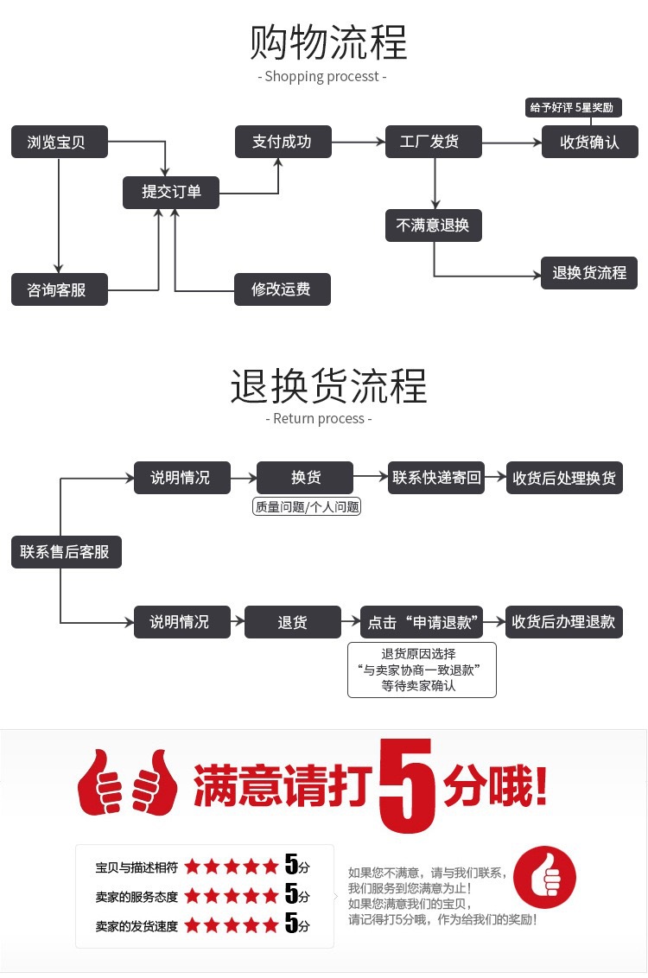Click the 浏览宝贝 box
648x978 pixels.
tap(60, 142)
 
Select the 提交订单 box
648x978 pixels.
tap(170, 192)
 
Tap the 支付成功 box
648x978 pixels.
tap(283, 142)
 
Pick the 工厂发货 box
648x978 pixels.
tap(434, 142)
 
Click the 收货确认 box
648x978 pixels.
tap(589, 142)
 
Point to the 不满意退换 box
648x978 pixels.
tap(433, 225)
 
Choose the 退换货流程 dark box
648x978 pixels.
tap(589, 273)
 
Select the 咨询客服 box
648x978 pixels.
tap(60, 289)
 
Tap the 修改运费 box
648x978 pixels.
tap(283, 289)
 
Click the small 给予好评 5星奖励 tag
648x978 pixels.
tap(571, 108)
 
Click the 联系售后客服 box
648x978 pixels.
tap(66, 552)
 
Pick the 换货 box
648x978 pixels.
tap(305, 478)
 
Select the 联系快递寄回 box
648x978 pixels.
tap(436, 478)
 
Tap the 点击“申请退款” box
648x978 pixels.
tap(422, 622)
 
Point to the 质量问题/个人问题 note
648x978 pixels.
tap(307, 507)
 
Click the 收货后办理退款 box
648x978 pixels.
tap(563, 622)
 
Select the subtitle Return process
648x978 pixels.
tap(319, 419)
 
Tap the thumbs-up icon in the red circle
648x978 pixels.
tap(544, 877)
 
